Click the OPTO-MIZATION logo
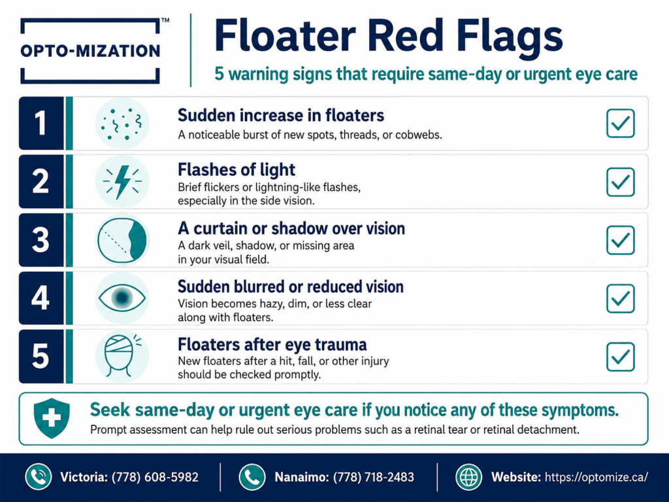pyautogui.click(x=90, y=50)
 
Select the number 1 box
pyautogui.click(x=41, y=124)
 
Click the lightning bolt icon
pyautogui.click(x=122, y=182)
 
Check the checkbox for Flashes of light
pyautogui.click(x=621, y=182)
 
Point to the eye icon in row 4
pyautogui.click(x=122, y=297)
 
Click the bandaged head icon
pyautogui.click(x=121, y=356)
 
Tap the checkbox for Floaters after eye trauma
pyautogui.click(x=621, y=356)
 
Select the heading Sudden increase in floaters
pyautogui.click(x=281, y=115)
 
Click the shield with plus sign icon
pyautogui.click(x=52, y=418)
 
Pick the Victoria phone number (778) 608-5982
pyautogui.click(x=155, y=477)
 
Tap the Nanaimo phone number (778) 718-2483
pyautogui.click(x=373, y=477)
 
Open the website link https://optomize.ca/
pyautogui.click(x=596, y=477)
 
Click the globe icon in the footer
pyautogui.click(x=468, y=477)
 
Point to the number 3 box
pyautogui.click(x=41, y=240)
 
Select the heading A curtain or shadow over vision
pyautogui.click(x=291, y=228)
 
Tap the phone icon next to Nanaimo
pyautogui.click(x=252, y=477)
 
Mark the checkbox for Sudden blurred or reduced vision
pyautogui.click(x=621, y=298)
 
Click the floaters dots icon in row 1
pyautogui.click(x=122, y=124)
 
